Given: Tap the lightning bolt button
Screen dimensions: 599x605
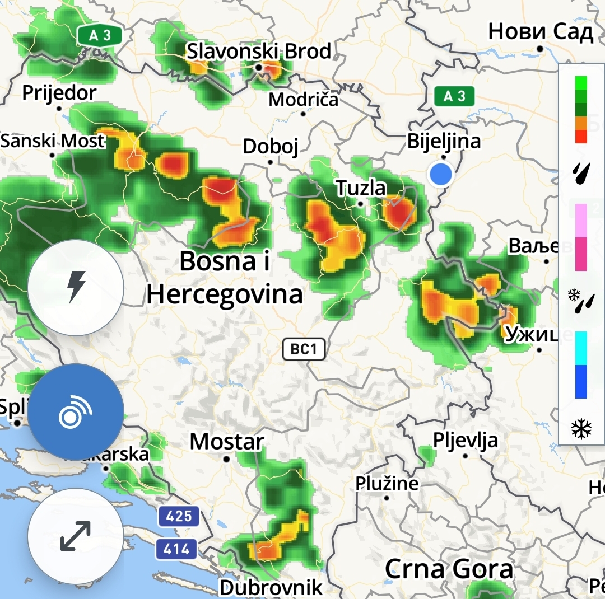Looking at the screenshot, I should pyautogui.click(x=76, y=288).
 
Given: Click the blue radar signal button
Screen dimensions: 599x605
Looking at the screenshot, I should pyautogui.click(x=76, y=412).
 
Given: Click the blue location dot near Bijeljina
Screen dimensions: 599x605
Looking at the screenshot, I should pyautogui.click(x=440, y=174).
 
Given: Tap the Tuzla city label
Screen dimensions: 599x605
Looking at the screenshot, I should pyautogui.click(x=361, y=188).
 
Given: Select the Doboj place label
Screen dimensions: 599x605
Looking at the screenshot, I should pyautogui.click(x=271, y=147).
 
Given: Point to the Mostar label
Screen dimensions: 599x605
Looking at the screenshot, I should pyautogui.click(x=227, y=442).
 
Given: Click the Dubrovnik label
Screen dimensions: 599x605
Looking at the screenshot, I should pyautogui.click(x=271, y=587).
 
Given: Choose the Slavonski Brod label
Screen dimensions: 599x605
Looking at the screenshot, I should pyautogui.click(x=259, y=52).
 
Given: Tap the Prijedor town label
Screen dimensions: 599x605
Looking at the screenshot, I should pyautogui.click(x=59, y=92).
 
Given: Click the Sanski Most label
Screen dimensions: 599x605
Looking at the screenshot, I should pyautogui.click(x=53, y=141).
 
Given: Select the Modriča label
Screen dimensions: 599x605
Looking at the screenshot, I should pyautogui.click(x=304, y=100).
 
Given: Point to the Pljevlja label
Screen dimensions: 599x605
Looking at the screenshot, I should pyautogui.click(x=466, y=440).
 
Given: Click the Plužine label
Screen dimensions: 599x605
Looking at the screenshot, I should pyautogui.click(x=387, y=483).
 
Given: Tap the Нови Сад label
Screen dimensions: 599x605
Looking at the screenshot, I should pyautogui.click(x=540, y=32).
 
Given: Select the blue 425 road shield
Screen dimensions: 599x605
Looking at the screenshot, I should pyautogui.click(x=179, y=516).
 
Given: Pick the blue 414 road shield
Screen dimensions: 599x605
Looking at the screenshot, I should pyautogui.click(x=177, y=549).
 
